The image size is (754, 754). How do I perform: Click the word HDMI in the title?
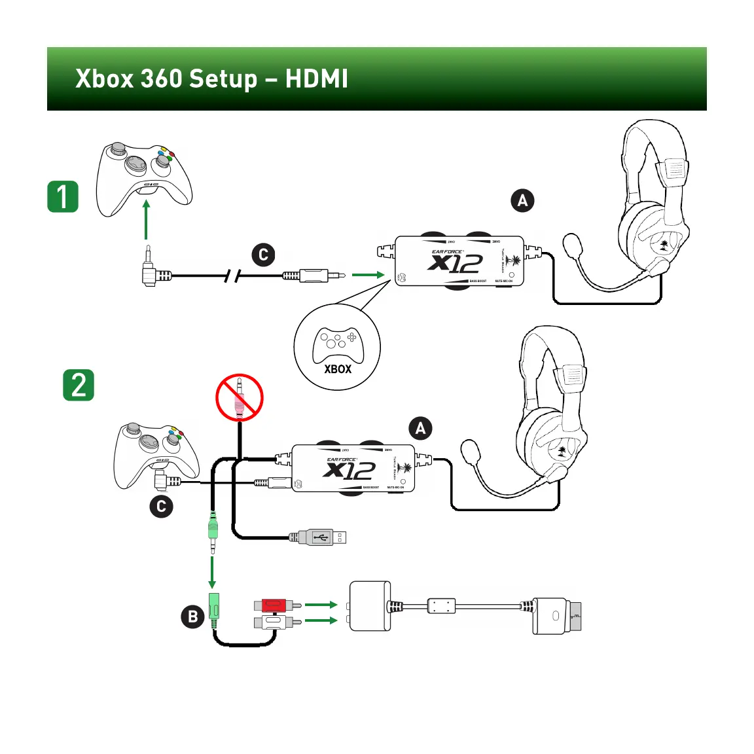(316, 79)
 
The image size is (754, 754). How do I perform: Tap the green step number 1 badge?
(63, 196)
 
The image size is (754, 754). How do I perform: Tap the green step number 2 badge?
(79, 385)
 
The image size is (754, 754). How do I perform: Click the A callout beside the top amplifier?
(522, 200)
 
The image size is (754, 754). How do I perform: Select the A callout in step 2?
(420, 429)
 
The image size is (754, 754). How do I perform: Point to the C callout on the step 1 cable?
(263, 255)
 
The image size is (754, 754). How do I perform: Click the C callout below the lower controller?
(161, 506)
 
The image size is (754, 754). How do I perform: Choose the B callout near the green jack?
(192, 617)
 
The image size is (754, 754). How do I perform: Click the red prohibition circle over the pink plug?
(240, 398)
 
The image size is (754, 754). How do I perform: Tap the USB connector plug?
(322, 537)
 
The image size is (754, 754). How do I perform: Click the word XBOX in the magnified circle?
(338, 369)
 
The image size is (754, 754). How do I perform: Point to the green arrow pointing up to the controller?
(146, 220)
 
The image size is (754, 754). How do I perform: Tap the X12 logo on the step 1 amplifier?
(456, 263)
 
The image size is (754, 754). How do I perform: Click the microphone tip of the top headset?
(573, 246)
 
